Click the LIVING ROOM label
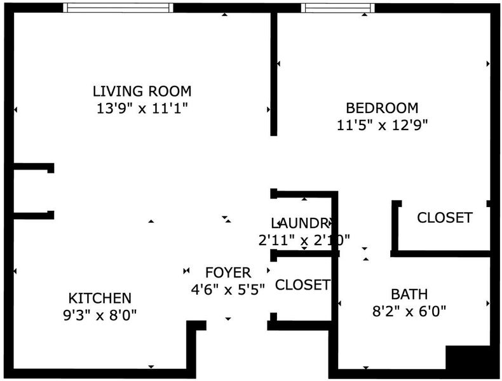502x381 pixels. (x=142, y=91)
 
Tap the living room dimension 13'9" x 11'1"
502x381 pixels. (x=142, y=109)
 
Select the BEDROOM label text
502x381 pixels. (x=382, y=108)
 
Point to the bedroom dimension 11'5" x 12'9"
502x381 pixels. (x=383, y=125)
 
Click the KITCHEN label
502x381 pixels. (x=100, y=298)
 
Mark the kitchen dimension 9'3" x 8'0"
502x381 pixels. (x=100, y=315)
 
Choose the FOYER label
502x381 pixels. (x=228, y=272)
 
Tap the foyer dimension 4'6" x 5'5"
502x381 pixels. (x=228, y=290)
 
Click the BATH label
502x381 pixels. (x=409, y=294)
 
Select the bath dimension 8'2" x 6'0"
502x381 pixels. (x=409, y=311)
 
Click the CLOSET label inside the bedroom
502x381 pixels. (x=445, y=218)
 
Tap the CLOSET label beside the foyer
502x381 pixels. (x=302, y=284)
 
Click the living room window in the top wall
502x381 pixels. (x=118, y=8)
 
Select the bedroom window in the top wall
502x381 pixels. (x=338, y=8)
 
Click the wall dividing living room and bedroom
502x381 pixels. (x=274, y=74)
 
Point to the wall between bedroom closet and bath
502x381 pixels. (x=440, y=254)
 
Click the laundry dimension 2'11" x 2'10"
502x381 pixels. (x=304, y=239)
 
